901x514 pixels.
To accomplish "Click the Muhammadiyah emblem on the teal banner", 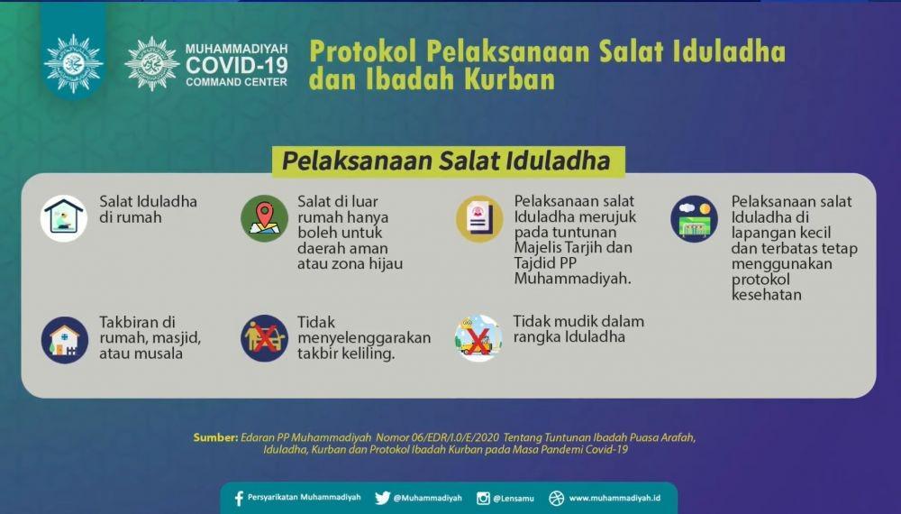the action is coord(74,63).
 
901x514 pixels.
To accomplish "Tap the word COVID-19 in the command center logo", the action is coord(236,65).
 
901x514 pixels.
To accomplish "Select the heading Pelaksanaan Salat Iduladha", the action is coord(446,161).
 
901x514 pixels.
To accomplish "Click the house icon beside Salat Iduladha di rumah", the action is coord(64,218).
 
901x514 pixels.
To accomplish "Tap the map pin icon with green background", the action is coord(264,218).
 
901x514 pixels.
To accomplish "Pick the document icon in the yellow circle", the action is coord(480,218).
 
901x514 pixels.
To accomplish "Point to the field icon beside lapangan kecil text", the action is coord(694,219).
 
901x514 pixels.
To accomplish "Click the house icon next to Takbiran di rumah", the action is coord(64,340).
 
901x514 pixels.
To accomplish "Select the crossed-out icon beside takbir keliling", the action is coord(264,338).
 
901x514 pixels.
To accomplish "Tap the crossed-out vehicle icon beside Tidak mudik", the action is coord(478,338).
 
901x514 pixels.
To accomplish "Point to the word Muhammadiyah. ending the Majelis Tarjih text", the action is coord(572,280).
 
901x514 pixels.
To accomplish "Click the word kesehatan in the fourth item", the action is coord(767,295).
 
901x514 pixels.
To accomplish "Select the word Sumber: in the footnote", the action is coord(215,437).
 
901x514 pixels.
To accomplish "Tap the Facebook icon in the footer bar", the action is coord(239,499).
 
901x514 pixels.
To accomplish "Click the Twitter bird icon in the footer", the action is coord(383,499).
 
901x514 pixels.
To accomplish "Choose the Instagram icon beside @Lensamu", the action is coord(483,499).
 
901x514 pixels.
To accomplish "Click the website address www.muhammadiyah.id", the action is coord(614,498).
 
